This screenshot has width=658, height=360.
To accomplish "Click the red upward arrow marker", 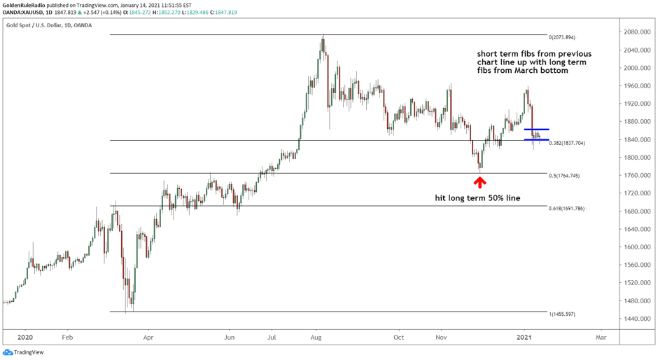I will tap(479, 182).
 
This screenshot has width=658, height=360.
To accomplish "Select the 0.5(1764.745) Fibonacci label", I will tap(564, 176).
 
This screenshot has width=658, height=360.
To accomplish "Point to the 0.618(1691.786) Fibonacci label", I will tap(566, 209).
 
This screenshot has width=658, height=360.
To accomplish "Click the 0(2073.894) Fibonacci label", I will tap(562, 37).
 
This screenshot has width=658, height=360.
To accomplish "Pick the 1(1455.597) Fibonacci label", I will tap(562, 314).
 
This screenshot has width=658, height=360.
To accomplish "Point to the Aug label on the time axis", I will tap(316, 336).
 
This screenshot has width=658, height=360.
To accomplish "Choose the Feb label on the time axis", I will tap(67, 336).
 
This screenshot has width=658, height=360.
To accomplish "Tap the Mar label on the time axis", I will tap(601, 336).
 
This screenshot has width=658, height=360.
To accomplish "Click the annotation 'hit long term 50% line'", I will tap(478, 199).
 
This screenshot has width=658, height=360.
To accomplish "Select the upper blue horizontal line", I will tap(536, 130).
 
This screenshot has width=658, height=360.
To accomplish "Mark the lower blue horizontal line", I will tap(536, 140).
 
